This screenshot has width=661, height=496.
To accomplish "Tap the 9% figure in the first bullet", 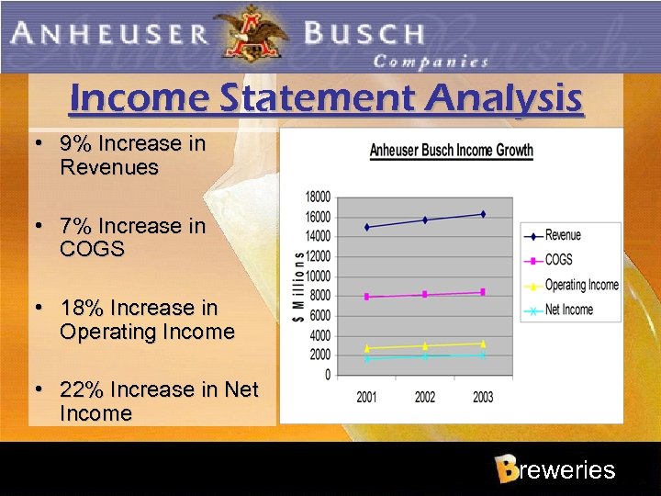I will point(74,144).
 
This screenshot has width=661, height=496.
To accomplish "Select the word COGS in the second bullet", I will point(92,249).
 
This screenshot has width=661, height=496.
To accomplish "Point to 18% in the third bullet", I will point(80,308).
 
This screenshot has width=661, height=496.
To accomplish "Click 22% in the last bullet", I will point(80,389).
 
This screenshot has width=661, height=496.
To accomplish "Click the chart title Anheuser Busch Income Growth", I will point(451,151).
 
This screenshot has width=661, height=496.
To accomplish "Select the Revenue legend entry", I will point(562,235).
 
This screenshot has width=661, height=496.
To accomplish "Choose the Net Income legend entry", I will point(568,310).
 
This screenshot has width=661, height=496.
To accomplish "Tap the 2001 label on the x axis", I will point(367,397).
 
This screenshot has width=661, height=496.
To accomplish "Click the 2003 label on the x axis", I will point(483,397).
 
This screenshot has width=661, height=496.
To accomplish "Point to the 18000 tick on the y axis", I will point(318,197).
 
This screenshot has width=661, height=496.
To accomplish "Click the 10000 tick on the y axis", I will point(318,276).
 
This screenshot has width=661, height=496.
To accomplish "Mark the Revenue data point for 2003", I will point(483,214).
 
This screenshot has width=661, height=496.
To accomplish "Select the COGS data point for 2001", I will point(367,297).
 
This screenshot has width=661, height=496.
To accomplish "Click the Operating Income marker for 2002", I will point(425,345).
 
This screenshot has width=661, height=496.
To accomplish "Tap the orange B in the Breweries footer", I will point(506,469).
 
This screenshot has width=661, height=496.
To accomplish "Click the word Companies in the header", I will point(431,62).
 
